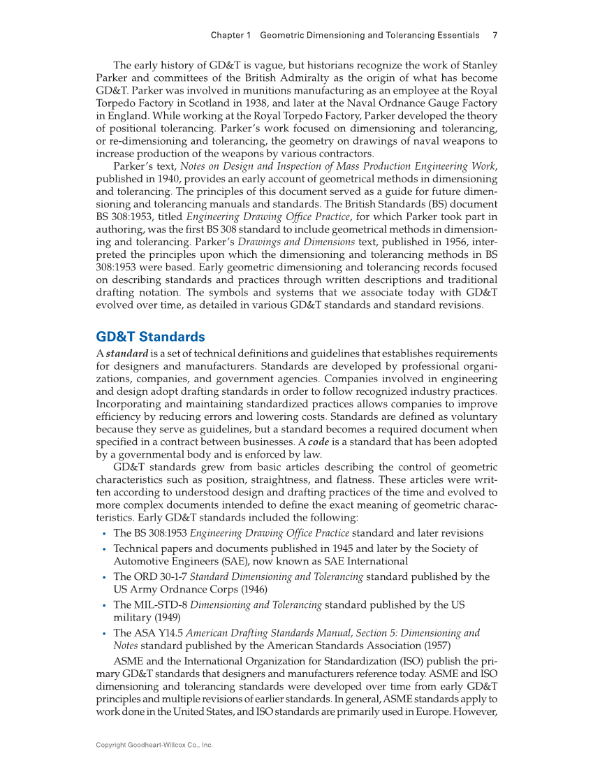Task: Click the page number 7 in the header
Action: point(495,35)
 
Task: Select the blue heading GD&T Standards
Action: point(150,337)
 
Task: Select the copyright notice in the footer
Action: point(154,746)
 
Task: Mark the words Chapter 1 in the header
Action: point(232,35)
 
